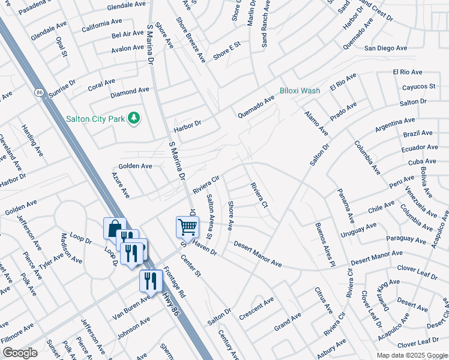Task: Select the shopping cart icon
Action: pos(187,227)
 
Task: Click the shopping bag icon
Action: pos(115,229)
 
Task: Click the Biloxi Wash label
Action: pos(300,91)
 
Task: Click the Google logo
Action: pos(20,352)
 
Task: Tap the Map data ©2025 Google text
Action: pos(412,355)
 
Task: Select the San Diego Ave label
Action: pos(385,48)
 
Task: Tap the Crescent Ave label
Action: pos(256,305)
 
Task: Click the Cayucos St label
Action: pos(418,86)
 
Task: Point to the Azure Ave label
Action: pos(121,185)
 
